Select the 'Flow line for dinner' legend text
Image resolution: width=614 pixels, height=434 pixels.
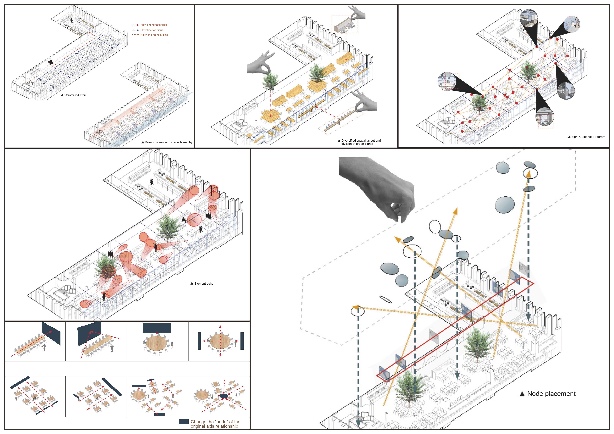click(x=152, y=30)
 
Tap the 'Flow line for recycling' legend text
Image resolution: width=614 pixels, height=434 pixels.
click(x=154, y=35)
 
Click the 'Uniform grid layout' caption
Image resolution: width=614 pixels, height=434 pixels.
click(x=75, y=95)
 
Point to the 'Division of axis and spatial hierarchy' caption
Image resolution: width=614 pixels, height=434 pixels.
click(x=168, y=142)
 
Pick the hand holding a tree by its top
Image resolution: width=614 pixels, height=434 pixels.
click(x=261, y=64)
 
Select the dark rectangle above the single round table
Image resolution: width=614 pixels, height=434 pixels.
click(x=157, y=328)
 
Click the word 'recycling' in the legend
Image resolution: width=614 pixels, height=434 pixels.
click(x=162, y=35)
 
